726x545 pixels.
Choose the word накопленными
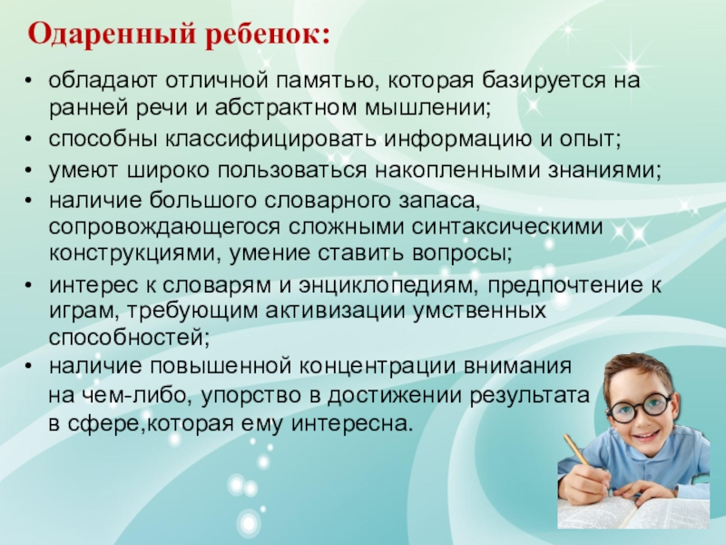[x=457, y=171]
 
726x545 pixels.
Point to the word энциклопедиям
[x=388, y=285]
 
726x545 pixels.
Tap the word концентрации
[x=378, y=366]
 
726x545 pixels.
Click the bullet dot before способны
[x=29, y=140]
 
